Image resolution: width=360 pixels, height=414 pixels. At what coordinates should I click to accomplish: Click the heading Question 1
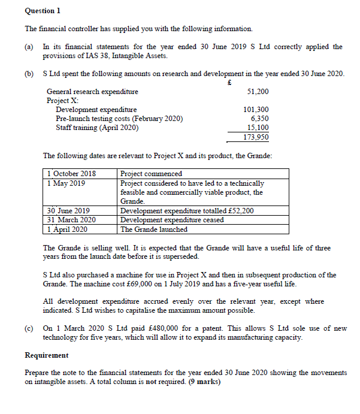[x=43, y=11]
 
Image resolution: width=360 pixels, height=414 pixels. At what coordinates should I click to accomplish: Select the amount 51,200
[x=258, y=92]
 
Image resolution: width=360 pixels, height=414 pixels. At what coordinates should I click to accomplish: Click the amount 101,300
[x=256, y=110]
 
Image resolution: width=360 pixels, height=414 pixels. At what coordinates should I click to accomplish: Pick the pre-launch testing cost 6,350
[x=259, y=119]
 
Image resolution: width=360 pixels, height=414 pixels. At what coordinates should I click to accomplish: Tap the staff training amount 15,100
[x=258, y=128]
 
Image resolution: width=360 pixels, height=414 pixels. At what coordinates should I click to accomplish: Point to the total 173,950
[x=256, y=137]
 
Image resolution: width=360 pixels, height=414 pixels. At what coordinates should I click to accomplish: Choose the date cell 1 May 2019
[x=66, y=183]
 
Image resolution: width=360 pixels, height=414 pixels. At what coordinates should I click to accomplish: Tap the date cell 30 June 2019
[x=69, y=211]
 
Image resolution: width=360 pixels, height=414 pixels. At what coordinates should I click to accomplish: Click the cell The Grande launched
[x=154, y=229]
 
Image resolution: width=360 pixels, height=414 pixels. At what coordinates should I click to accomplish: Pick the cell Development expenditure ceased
[x=172, y=220]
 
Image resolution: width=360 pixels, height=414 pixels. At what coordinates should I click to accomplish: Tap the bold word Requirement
[x=46, y=355]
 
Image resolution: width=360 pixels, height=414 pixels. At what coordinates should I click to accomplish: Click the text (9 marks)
[x=204, y=382]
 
